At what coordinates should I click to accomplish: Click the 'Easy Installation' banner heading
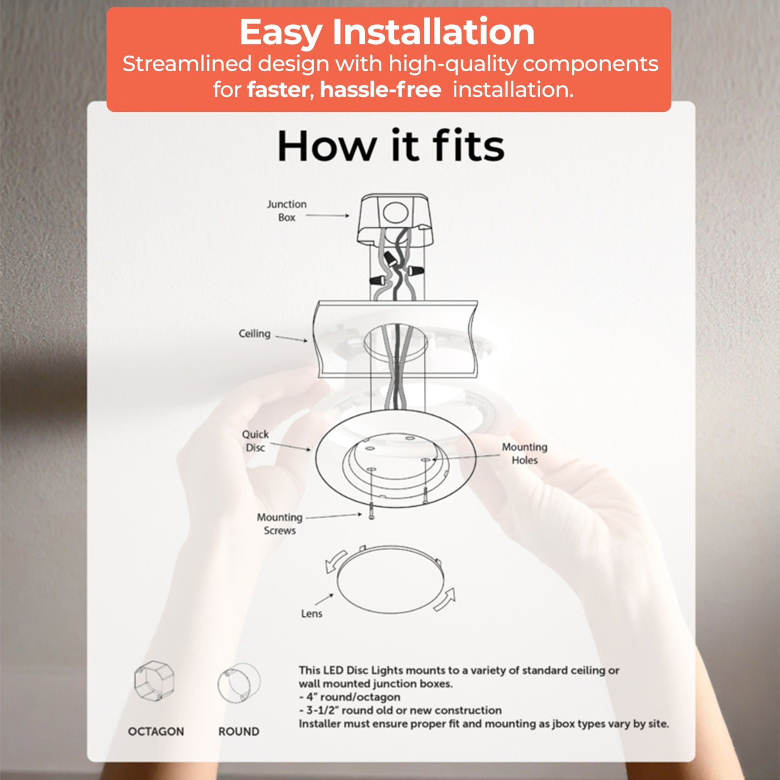click(387, 32)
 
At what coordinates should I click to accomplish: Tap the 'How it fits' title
click(391, 146)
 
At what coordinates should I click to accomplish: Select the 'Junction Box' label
click(287, 211)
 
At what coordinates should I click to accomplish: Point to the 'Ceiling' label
click(254, 334)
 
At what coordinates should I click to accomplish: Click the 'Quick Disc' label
click(255, 441)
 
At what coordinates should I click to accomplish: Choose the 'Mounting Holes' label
click(525, 453)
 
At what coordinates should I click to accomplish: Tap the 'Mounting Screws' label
click(280, 524)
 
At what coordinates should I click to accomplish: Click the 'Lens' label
click(311, 614)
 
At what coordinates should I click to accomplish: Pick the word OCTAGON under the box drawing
click(156, 731)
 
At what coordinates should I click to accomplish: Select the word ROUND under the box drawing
click(239, 731)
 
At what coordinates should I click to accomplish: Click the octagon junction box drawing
click(154, 681)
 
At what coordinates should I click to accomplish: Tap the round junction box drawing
click(239, 683)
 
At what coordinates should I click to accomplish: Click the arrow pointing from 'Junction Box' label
click(328, 215)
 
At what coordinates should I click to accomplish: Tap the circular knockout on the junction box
click(395, 213)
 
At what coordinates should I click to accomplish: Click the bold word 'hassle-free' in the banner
click(381, 90)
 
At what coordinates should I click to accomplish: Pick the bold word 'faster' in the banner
click(279, 90)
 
